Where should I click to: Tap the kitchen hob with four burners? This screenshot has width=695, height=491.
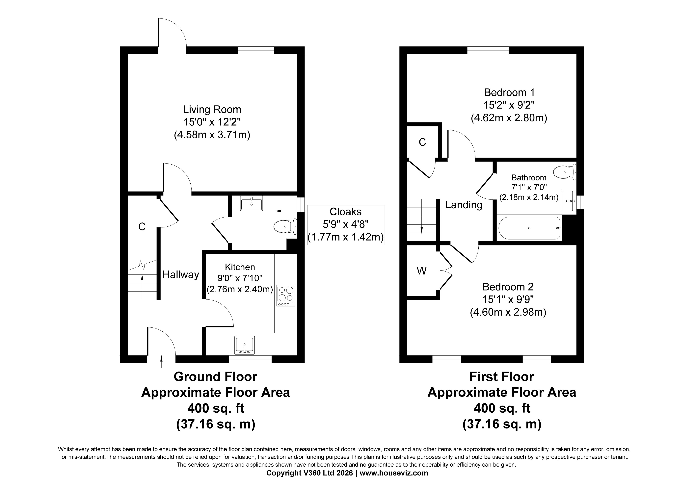point(286,295)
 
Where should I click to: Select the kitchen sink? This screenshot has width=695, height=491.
point(245,345)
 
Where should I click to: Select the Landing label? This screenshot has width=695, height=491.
point(464,205)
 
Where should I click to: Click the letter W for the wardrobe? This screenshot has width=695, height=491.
point(422,271)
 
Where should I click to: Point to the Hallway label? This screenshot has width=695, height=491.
point(181,274)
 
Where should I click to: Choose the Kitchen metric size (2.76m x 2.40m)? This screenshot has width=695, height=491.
point(240,289)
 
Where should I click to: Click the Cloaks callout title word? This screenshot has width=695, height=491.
point(345,212)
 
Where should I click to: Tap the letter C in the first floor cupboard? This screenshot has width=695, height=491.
point(422,142)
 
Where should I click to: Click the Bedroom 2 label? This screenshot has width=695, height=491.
point(508,286)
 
